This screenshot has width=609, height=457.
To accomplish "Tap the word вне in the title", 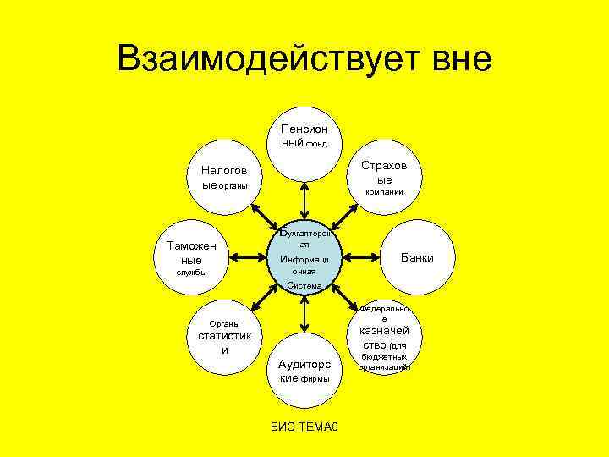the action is pyautogui.click(x=448, y=59).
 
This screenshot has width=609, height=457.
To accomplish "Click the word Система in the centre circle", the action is pyautogui.click(x=304, y=286).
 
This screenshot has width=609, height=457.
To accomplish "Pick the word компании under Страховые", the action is pyautogui.click(x=384, y=193).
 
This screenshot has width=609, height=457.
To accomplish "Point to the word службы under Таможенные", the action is pyautogui.click(x=191, y=273).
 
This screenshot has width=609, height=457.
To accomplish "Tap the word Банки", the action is pyautogui.click(x=416, y=257).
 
